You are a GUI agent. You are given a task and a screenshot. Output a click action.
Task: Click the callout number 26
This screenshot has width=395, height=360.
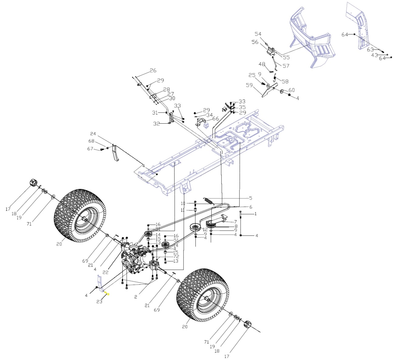pyautogui.click(x=153, y=70)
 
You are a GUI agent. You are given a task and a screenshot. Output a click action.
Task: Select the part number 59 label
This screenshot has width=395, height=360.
pyautogui.click(x=249, y=85)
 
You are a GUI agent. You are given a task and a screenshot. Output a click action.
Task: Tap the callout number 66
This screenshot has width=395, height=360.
pyautogui.click(x=215, y=119)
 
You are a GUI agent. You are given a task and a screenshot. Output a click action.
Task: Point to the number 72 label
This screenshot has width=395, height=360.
pyautogui.click(x=176, y=257)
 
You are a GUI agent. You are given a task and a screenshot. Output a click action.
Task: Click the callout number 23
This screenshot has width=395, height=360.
pyautogui.click(x=99, y=302)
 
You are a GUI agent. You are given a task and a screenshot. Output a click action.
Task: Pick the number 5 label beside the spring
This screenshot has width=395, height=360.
pyautogui.click(x=251, y=198)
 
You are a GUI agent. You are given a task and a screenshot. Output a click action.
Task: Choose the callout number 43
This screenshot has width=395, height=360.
pyautogui.click(x=374, y=55)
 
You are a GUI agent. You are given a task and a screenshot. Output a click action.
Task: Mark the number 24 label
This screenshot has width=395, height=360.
pyautogui.click(x=93, y=134)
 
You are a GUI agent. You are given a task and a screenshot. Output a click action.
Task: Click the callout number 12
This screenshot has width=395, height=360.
pyautogui.click(x=205, y=230)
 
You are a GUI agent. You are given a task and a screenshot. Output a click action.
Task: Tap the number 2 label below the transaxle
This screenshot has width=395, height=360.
pyautogui.click(x=136, y=297)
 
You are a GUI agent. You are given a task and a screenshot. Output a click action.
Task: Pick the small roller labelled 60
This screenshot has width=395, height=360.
pyautogui.click(x=282, y=91)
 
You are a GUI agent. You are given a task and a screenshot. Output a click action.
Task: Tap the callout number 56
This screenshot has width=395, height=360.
pyautogui.click(x=255, y=42)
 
